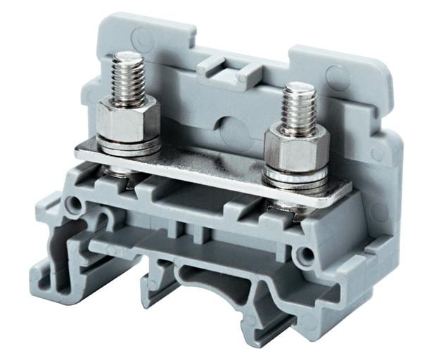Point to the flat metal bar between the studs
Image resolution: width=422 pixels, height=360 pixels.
tap(211, 165)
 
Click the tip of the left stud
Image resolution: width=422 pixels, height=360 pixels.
tap(127, 56)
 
